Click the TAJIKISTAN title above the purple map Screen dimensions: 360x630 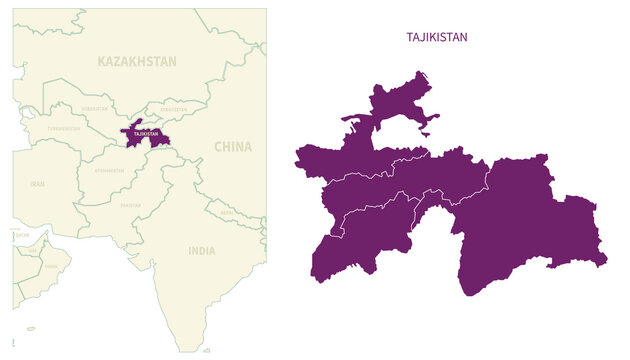(437, 37)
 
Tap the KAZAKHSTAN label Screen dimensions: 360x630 (137, 62)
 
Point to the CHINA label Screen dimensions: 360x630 (233, 147)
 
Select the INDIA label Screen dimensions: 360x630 (201, 251)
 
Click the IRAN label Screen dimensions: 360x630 (37, 184)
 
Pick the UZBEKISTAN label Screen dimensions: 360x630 (95, 108)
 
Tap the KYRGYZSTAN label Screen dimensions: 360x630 (173, 109)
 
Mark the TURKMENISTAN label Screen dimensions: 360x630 (63, 129)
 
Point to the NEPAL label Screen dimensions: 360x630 (228, 212)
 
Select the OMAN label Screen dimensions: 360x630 (52, 267)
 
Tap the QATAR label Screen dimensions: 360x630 (22, 235)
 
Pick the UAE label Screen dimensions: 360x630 (33, 250)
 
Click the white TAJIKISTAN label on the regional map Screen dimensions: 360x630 (146, 133)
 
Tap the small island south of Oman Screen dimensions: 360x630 (30, 327)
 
